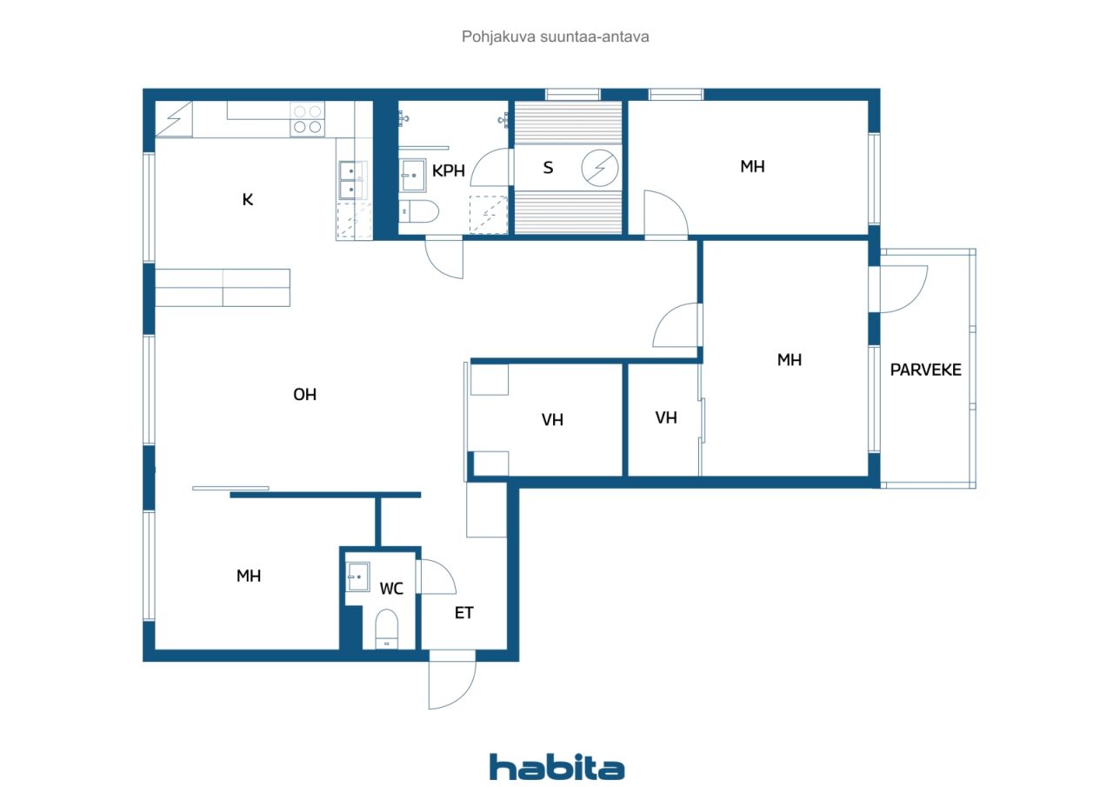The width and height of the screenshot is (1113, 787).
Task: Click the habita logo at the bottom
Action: tap(556, 767)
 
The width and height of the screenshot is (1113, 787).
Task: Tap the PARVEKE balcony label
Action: tap(925, 370)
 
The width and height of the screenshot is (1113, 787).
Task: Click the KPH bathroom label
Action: tap(449, 170)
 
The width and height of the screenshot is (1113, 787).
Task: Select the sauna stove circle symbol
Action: tap(599, 168)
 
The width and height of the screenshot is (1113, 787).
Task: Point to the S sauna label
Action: tap(548, 168)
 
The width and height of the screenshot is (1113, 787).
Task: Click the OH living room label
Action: tap(304, 395)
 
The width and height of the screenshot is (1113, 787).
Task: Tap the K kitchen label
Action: tap(248, 199)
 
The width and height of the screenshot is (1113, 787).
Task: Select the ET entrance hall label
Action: tap(464, 613)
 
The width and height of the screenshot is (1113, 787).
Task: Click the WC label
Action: tap(391, 589)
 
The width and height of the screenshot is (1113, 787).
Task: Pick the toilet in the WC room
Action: tap(386, 628)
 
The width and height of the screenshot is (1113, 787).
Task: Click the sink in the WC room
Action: tap(357, 576)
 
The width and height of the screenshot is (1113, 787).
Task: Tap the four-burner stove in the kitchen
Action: tap(307, 119)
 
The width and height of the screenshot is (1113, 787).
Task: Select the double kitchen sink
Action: tap(351, 180)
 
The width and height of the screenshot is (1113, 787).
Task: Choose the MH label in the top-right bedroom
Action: tap(752, 167)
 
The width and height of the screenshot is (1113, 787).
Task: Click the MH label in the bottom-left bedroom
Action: tap(249, 576)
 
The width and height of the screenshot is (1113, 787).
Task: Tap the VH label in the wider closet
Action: tap(552, 420)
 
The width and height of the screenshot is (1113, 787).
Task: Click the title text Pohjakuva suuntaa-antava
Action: tap(556, 37)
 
